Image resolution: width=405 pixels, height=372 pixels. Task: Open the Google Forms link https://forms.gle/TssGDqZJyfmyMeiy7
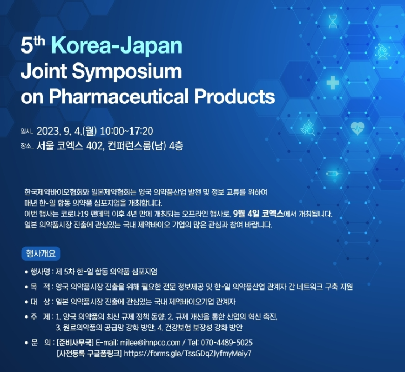tap(188, 353)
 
